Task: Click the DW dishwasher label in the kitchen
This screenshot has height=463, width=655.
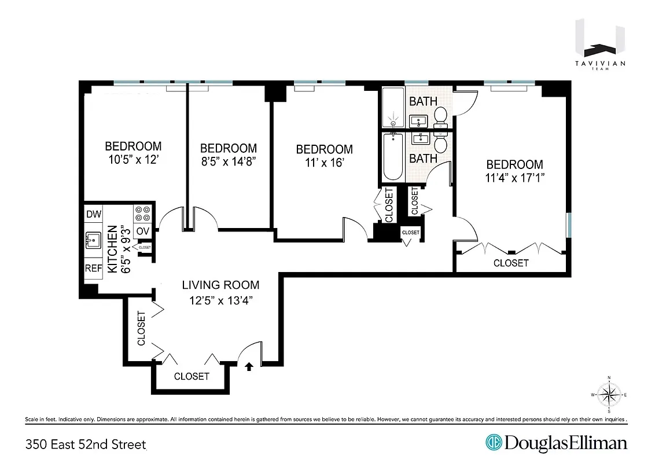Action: pyautogui.click(x=94, y=214)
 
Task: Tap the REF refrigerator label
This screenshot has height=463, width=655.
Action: pyautogui.click(x=94, y=269)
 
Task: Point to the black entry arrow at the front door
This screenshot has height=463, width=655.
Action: pyautogui.click(x=249, y=366)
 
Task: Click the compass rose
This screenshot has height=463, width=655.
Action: pyautogui.click(x=609, y=395)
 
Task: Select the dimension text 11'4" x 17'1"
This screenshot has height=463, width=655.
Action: pyautogui.click(x=514, y=178)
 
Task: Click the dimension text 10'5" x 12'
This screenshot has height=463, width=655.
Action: pyautogui.click(x=133, y=160)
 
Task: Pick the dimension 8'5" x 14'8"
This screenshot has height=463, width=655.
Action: pyautogui.click(x=228, y=162)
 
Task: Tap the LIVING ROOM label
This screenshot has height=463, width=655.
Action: pyautogui.click(x=220, y=285)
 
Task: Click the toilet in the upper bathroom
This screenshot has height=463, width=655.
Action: pyautogui.click(x=441, y=116)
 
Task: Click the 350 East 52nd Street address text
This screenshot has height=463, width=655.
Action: pyautogui.click(x=86, y=444)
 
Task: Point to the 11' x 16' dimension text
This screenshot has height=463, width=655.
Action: pyautogui.click(x=324, y=163)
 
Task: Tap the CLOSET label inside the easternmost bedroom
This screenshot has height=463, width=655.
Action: pyautogui.click(x=511, y=263)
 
